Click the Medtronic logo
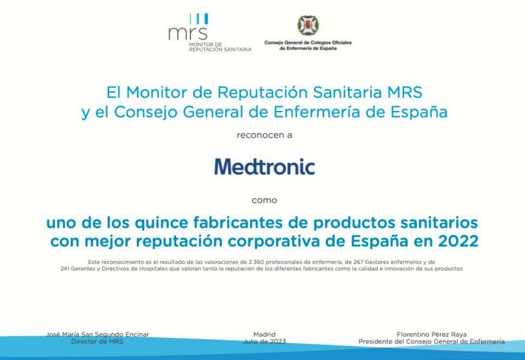click(265, 167)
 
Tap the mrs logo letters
click(188, 33)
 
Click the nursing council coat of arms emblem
click(308, 25)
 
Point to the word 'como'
click(265, 200)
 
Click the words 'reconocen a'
click(265, 135)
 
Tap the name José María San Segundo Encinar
click(97, 334)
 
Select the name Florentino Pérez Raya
click(431, 334)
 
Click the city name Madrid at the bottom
click(265, 334)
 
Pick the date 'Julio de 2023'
click(265, 341)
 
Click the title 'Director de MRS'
click(97, 341)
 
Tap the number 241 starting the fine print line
click(65, 268)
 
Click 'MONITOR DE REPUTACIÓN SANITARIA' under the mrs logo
click(220, 47)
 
